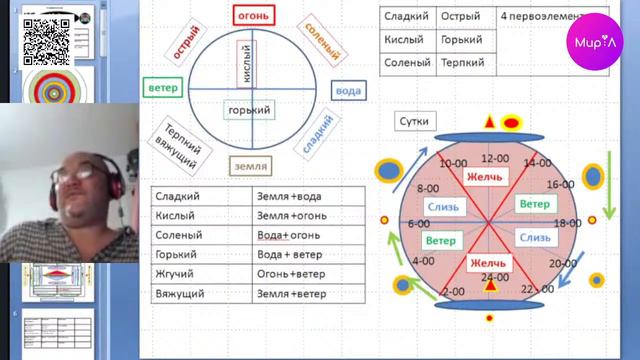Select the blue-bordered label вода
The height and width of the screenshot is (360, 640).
(x=348, y=91)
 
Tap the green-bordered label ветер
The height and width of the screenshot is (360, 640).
(x=162, y=88)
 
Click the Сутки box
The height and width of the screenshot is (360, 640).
(x=414, y=121)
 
